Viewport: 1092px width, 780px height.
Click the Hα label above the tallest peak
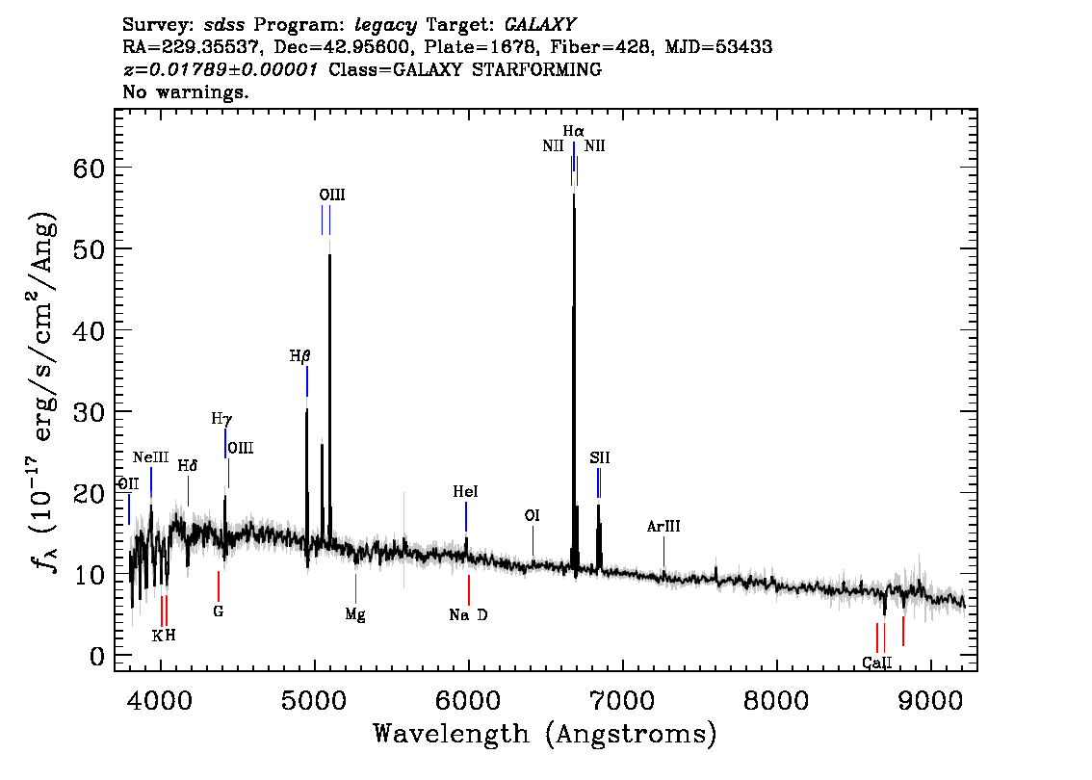tap(574, 130)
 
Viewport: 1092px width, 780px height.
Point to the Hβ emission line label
tap(300, 356)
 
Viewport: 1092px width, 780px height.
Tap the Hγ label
tap(221, 419)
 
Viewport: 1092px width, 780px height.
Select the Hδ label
tap(188, 466)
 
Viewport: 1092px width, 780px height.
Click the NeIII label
tap(151, 457)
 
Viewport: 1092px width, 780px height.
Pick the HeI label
tap(466, 492)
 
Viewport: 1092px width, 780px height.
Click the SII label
tap(600, 458)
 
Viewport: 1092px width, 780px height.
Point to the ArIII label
tap(663, 527)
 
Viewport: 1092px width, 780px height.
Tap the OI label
tap(532, 516)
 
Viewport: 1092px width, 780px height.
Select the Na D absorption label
tap(468, 615)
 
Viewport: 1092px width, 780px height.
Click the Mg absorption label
tap(355, 614)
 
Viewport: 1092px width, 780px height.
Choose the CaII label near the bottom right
tap(876, 663)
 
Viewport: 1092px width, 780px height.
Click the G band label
tap(219, 611)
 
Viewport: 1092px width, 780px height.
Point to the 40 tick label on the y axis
tap(90, 330)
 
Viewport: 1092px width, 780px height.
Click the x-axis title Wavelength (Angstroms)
tap(545, 735)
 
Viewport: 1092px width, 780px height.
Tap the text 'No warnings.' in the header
tap(186, 92)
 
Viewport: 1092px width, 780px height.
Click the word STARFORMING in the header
tap(545, 69)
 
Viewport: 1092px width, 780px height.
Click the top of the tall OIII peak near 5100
tap(329, 254)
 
